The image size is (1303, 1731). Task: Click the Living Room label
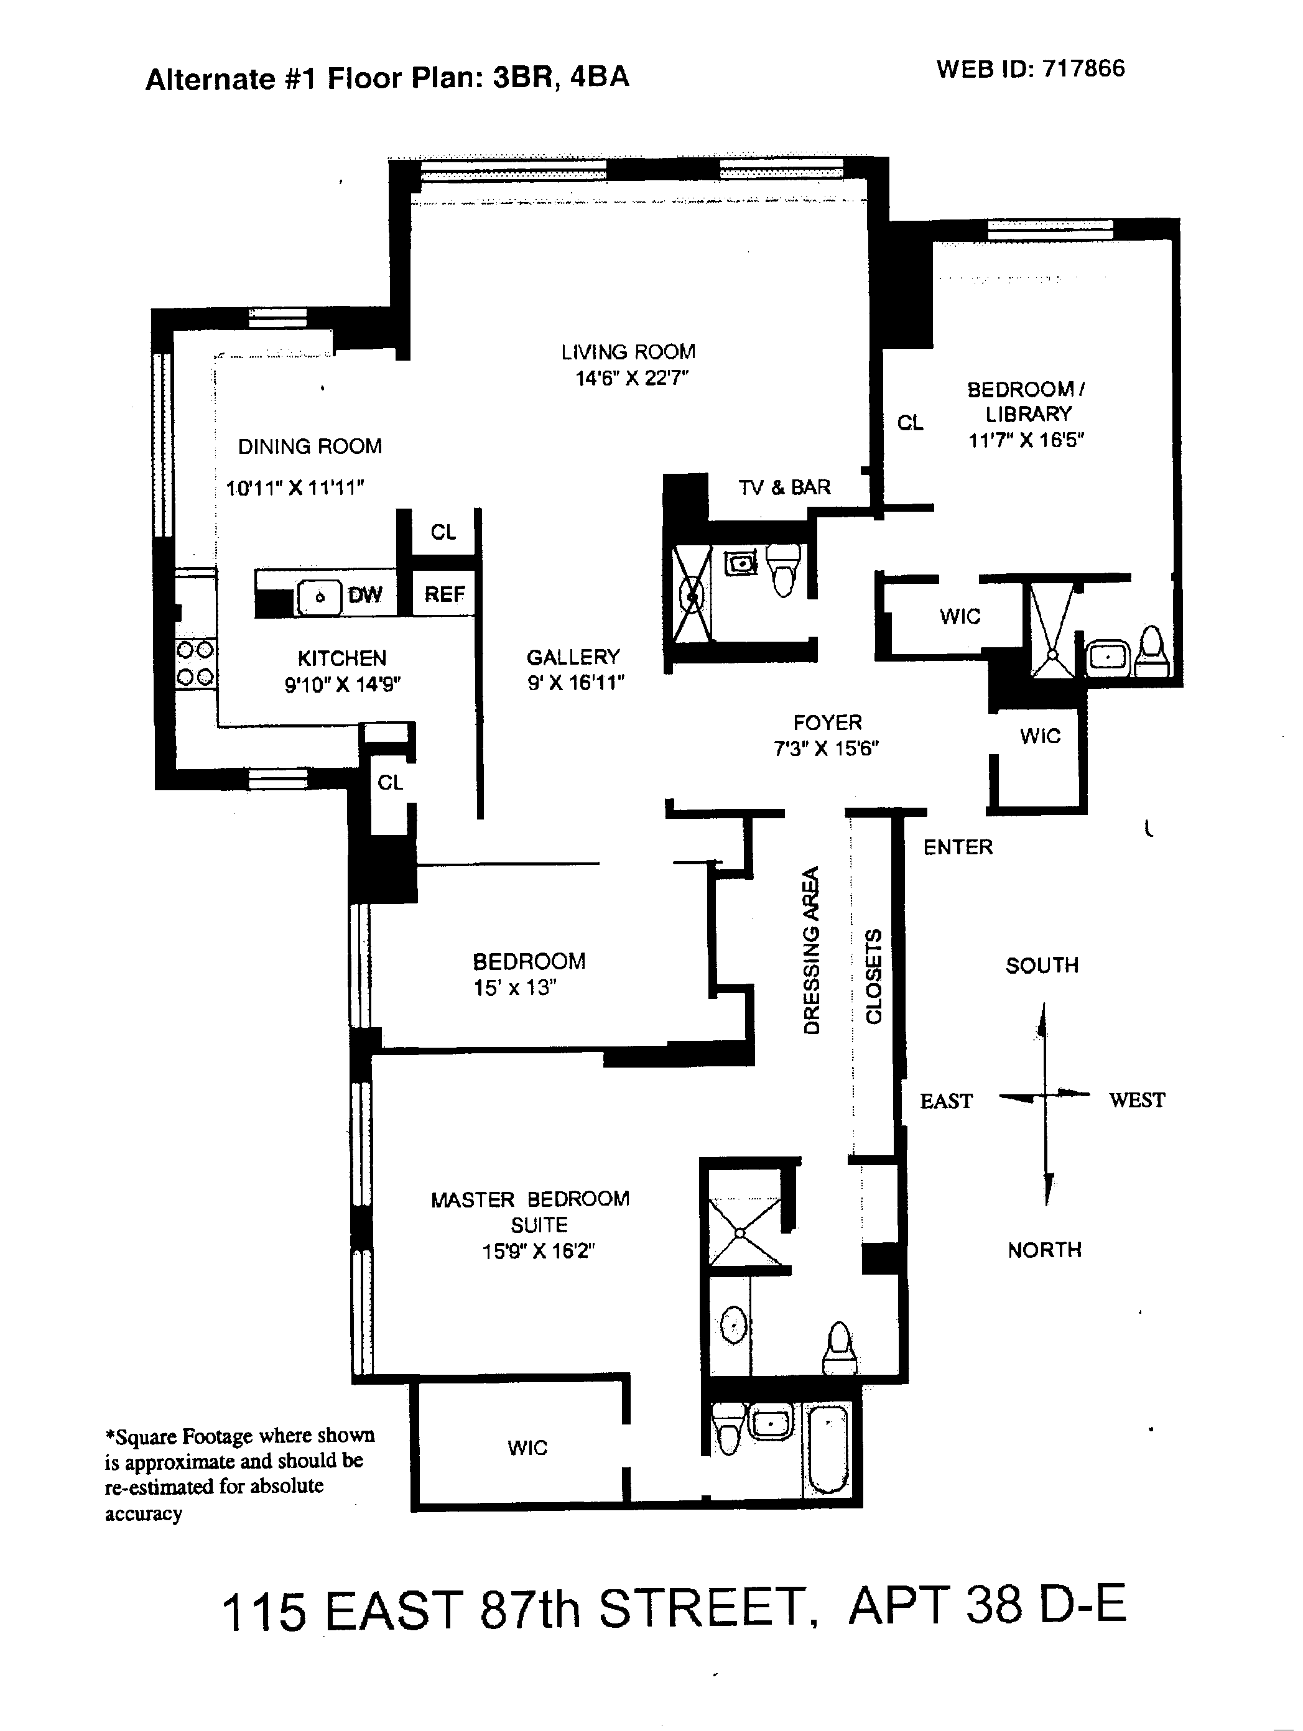[628, 352]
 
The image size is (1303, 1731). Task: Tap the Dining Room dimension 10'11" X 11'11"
[295, 488]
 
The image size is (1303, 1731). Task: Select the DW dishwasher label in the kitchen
[364, 595]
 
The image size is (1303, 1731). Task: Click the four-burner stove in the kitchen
[195, 663]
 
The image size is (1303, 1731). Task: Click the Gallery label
[573, 657]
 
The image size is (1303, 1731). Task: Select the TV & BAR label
[784, 487]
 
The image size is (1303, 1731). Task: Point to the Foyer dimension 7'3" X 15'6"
[827, 749]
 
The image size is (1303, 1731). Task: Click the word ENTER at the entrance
[958, 847]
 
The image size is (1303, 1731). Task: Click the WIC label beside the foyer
[1040, 736]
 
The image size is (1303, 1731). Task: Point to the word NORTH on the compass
[1045, 1250]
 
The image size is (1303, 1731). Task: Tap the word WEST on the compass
[1136, 1101]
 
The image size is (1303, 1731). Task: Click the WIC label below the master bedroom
[527, 1447]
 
